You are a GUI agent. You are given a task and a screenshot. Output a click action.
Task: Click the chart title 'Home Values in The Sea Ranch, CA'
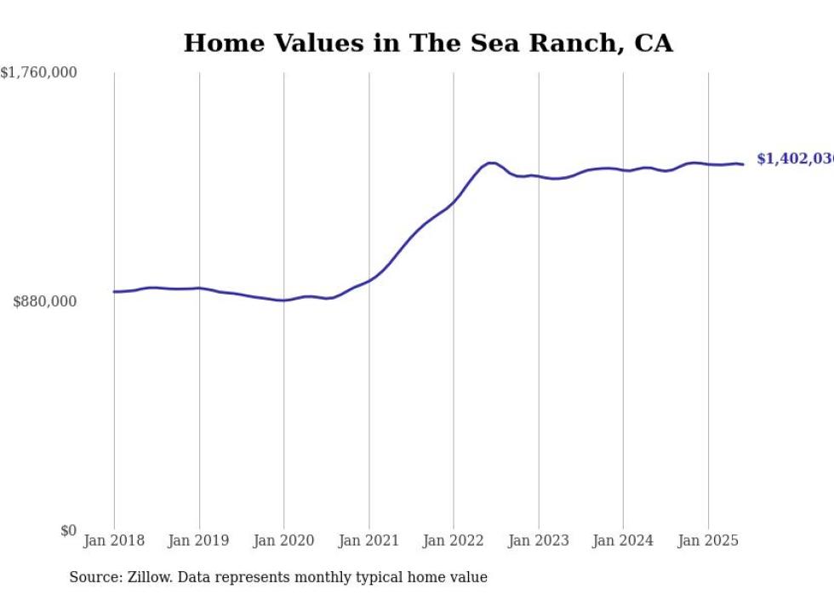click(x=428, y=43)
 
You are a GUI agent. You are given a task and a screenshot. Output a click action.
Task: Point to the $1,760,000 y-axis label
click(x=39, y=73)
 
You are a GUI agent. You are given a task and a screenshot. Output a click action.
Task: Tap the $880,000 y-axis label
click(x=45, y=301)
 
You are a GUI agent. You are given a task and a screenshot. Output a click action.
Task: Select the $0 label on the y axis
click(x=68, y=531)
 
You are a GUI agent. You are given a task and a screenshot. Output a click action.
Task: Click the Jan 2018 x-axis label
click(x=114, y=541)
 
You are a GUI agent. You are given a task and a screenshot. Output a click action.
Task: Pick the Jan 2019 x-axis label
click(x=199, y=541)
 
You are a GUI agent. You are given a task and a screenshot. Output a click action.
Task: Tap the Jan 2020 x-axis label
click(x=284, y=541)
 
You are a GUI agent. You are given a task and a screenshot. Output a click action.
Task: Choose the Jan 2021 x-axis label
click(x=368, y=541)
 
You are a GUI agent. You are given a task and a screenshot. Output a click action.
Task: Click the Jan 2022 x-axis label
click(x=454, y=541)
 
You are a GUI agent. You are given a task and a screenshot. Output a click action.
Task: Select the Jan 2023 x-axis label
click(x=539, y=541)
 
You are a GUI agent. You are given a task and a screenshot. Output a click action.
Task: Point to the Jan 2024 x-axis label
click(x=623, y=541)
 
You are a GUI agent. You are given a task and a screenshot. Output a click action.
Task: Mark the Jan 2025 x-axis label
click(x=708, y=541)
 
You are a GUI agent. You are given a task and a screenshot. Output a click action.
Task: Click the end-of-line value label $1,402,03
click(x=794, y=159)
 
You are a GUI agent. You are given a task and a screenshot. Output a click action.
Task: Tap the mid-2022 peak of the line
click(x=491, y=163)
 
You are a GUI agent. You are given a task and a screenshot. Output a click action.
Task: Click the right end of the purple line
click(x=743, y=164)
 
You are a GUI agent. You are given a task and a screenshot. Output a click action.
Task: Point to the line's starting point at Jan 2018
click(x=114, y=292)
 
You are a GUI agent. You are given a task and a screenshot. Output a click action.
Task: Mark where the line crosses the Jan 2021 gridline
click(x=368, y=280)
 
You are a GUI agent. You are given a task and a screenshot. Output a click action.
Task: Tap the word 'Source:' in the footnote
click(x=94, y=578)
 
